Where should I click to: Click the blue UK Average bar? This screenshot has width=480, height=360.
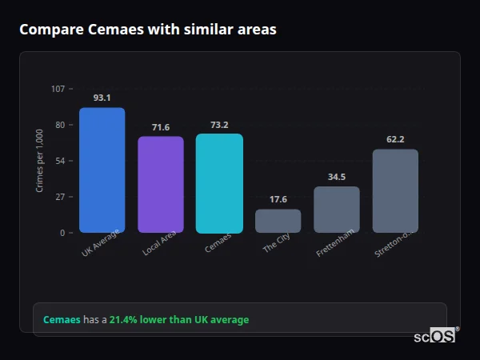click(102, 170)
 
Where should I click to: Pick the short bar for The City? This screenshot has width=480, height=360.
click(278, 221)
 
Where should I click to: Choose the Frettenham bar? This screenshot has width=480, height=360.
click(337, 210)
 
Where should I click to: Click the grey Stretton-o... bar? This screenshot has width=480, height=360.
click(395, 190)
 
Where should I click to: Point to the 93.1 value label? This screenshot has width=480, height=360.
click(102, 98)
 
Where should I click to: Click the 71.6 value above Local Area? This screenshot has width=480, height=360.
click(161, 127)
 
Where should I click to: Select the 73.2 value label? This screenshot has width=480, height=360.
click(219, 125)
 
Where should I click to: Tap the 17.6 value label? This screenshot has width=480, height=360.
click(278, 199)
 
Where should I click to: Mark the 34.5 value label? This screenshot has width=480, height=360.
click(337, 177)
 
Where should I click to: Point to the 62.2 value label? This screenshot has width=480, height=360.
click(395, 139)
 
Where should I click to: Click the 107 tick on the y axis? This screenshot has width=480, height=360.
click(58, 89)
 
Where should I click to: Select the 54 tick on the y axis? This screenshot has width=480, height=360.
click(60, 161)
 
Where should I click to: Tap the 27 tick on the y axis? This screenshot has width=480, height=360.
click(60, 197)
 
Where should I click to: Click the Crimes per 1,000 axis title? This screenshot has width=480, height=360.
click(40, 161)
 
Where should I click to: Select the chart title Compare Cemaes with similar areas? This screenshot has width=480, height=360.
click(148, 30)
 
